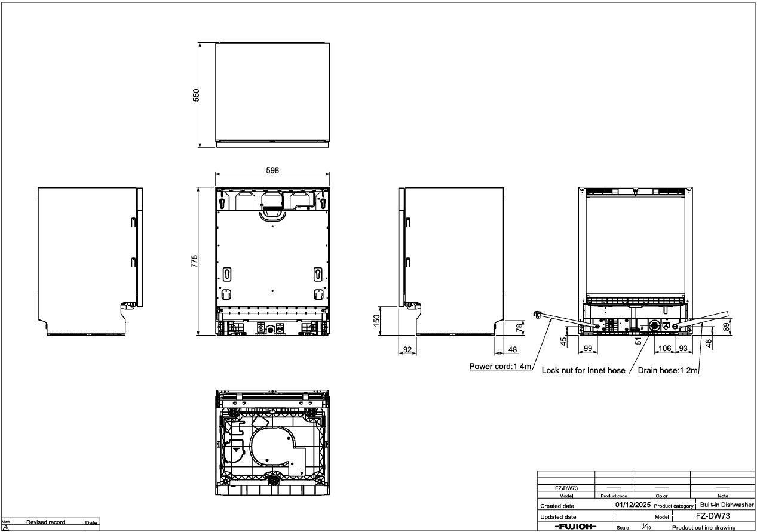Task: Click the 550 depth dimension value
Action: point(196,96)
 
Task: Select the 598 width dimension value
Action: point(272,170)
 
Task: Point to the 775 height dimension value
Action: point(195,261)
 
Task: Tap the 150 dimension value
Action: point(376,320)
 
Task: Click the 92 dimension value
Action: point(407,349)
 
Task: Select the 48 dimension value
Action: point(513,349)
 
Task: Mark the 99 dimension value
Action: point(588,348)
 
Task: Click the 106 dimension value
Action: point(664,348)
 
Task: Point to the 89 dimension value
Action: point(726,327)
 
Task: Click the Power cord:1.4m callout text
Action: point(500,366)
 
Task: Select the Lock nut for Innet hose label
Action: point(584,370)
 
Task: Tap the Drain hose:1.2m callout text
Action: point(668,370)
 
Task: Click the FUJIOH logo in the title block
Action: point(575,526)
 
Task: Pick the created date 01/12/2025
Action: point(633,505)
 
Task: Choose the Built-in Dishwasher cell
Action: point(727,505)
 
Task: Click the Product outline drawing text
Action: point(704,527)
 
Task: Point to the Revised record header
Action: point(45,522)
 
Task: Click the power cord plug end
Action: point(537,315)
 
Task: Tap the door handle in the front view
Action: point(272,217)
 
